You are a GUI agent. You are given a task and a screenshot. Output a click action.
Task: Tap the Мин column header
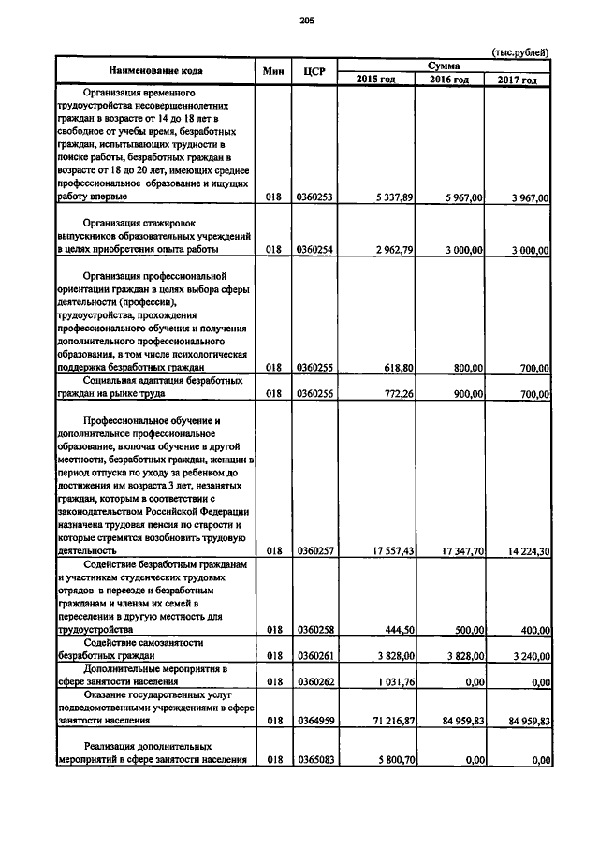pyautogui.click(x=272, y=71)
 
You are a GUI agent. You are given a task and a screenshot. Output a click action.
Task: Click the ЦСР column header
pyautogui.click(x=314, y=71)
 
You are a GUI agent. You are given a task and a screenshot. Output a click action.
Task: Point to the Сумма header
pyautogui.click(x=443, y=65)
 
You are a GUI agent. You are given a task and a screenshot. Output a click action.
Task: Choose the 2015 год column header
pyautogui.click(x=376, y=80)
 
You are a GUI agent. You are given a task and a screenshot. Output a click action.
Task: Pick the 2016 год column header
pyautogui.click(x=448, y=80)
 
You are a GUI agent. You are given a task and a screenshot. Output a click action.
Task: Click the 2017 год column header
pyautogui.click(x=517, y=80)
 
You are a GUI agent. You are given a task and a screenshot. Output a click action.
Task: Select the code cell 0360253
pyautogui.click(x=314, y=197)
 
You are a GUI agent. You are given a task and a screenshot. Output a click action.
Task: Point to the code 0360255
pyautogui.click(x=314, y=369)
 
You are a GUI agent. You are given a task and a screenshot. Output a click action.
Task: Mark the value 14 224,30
pyautogui.click(x=520, y=552)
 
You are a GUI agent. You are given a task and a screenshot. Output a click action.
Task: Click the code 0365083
pyautogui.click(x=314, y=761)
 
